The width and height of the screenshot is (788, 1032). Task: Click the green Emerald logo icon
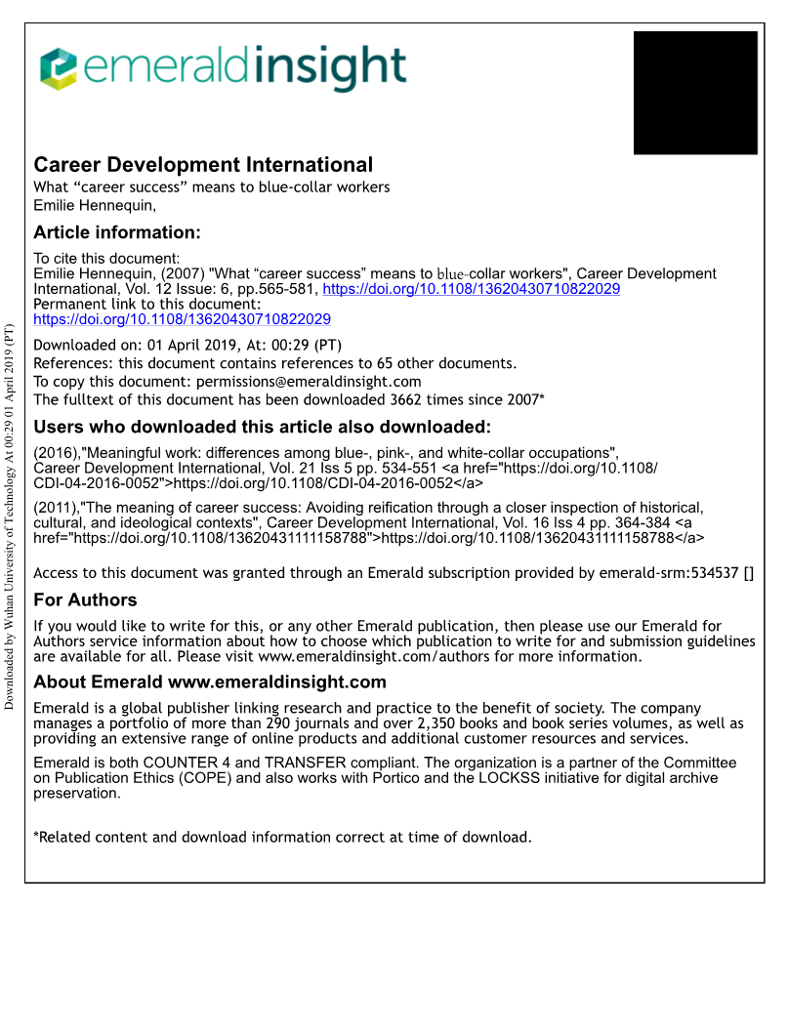coord(58,68)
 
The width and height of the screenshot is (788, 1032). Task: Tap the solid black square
coord(695,93)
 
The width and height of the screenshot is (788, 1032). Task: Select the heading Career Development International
coord(203,165)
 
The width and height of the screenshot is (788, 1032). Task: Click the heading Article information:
coord(117,232)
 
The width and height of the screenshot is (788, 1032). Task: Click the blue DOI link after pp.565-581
coord(472,289)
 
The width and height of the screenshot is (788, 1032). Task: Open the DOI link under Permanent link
coord(182,319)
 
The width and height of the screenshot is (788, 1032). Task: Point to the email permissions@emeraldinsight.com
coord(309,382)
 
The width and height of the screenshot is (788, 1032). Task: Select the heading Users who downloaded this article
coord(262,427)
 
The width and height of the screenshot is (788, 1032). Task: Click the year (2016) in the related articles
coord(56,453)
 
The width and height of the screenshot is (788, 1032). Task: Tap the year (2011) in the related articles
coord(56,508)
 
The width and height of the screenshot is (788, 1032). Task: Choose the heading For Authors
coord(85,599)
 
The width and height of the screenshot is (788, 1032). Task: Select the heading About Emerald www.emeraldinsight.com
coord(210,681)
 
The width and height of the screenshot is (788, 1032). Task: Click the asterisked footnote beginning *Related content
coord(282,837)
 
